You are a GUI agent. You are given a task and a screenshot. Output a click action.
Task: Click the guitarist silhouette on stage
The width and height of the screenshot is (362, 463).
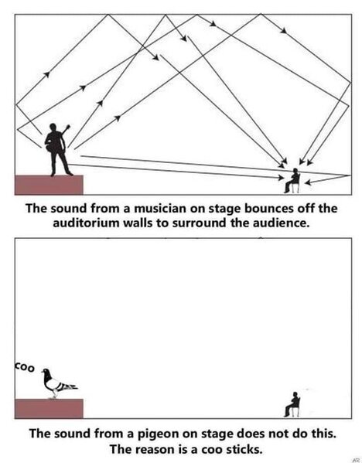pos(57,149)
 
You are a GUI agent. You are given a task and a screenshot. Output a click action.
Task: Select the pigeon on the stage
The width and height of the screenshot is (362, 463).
pos(59,383)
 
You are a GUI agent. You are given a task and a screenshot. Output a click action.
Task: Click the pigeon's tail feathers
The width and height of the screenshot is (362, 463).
pos(70,386)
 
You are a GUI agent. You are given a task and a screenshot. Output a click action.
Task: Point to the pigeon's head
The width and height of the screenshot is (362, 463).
pos(46,372)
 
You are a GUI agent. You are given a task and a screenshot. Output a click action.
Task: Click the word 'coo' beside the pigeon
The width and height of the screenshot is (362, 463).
pos(24,367)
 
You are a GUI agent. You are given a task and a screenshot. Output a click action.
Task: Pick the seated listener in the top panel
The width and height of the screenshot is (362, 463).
pos(292,181)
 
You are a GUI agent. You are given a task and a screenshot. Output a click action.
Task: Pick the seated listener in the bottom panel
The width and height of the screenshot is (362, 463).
pos(292,404)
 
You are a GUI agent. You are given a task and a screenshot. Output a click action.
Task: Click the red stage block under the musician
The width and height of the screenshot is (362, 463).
pos(49,185)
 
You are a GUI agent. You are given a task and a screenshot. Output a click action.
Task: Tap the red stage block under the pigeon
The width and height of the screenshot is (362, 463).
pos(49,409)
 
